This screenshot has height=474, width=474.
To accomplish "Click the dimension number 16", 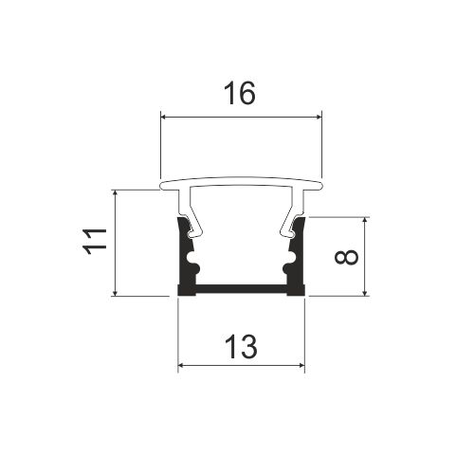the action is pyautogui.click(x=239, y=93).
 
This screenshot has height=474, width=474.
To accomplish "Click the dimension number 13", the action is pyautogui.click(x=242, y=347).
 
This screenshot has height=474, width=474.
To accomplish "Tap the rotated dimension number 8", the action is pyautogui.click(x=346, y=256).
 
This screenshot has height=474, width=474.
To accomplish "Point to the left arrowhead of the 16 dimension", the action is pyautogui.click(x=165, y=118).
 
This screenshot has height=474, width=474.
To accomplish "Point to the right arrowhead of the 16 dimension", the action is pyautogui.click(x=318, y=118).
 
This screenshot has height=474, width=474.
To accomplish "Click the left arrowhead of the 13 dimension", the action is pyautogui.click(x=182, y=366).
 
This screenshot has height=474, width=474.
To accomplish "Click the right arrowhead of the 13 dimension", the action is pyautogui.click(x=301, y=366).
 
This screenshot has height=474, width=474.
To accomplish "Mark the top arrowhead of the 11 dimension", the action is pyautogui.click(x=116, y=194).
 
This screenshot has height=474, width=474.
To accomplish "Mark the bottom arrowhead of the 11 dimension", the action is pyautogui.click(x=116, y=292).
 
